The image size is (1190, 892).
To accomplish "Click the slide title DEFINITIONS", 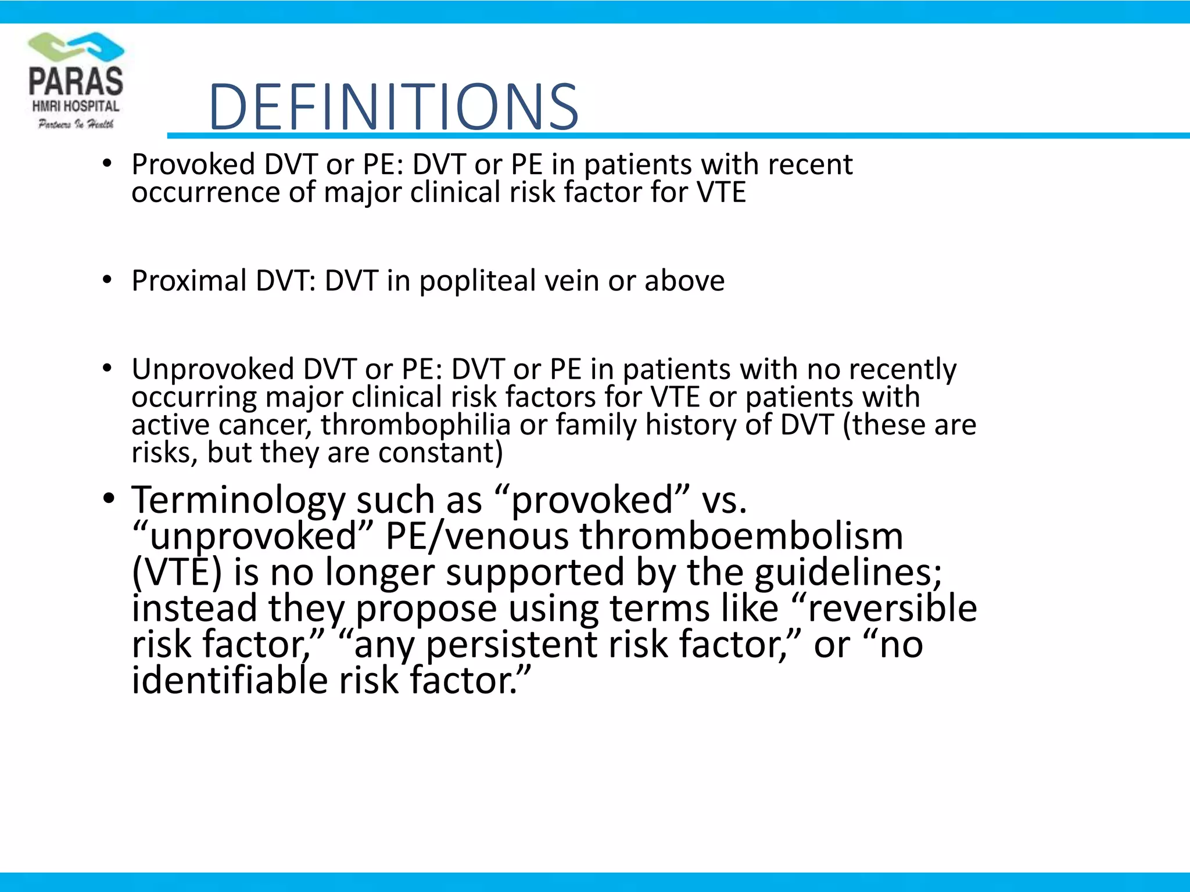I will (393, 107).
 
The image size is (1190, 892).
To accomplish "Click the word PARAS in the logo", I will (76, 81).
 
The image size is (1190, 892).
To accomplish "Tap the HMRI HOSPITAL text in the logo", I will (76, 106).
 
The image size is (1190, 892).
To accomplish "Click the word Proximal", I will (189, 281).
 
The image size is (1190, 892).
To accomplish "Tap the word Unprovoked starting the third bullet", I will (213, 369).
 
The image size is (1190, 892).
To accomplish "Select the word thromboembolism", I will (741, 536).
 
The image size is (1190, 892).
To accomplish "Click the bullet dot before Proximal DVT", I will (107, 280).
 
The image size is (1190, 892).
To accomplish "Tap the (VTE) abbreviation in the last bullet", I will (177, 573).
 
